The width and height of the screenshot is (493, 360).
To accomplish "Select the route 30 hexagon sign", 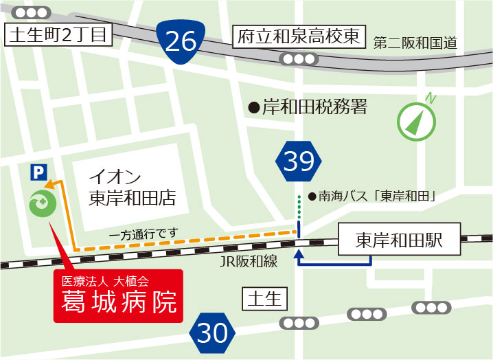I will point(211,333).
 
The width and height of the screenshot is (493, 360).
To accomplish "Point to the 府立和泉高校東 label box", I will point(299,37).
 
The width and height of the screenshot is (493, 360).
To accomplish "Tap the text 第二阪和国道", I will point(415,43).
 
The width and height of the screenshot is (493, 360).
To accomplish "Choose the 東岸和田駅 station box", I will point(398,240).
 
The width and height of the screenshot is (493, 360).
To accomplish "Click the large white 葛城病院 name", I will point(119,302).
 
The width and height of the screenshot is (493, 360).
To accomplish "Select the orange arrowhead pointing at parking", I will point(49,183).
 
